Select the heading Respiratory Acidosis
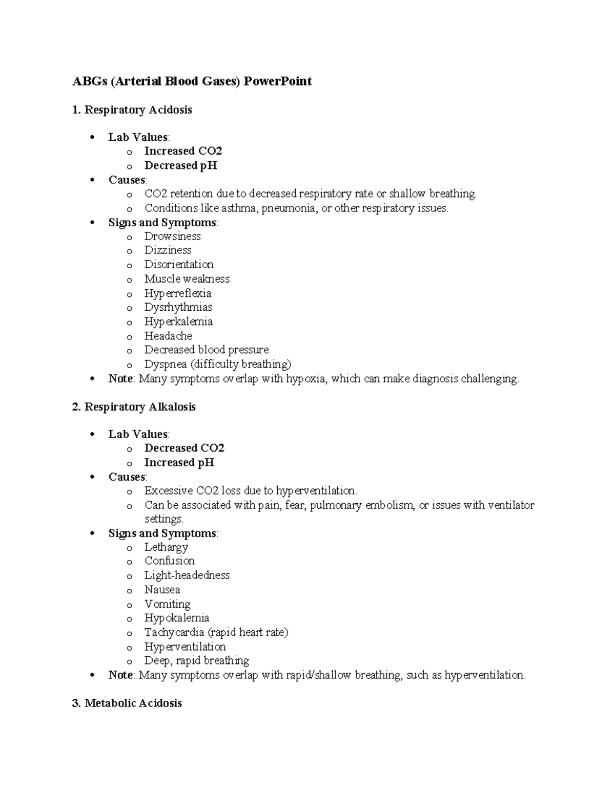[x=138, y=110]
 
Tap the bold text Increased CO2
[x=183, y=151]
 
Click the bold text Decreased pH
[x=180, y=165]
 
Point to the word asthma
[x=239, y=208]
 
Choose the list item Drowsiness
[x=172, y=237]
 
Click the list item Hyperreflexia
[x=177, y=293]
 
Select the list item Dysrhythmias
[x=178, y=307]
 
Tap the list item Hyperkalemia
[x=178, y=321]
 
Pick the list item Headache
[x=168, y=336]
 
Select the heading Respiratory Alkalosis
[x=140, y=407]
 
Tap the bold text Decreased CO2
[x=184, y=448]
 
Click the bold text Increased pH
[x=179, y=462]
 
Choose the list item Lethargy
[x=166, y=547]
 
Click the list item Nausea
[x=162, y=590]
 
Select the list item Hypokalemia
[x=176, y=618]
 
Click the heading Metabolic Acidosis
[x=133, y=703]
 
